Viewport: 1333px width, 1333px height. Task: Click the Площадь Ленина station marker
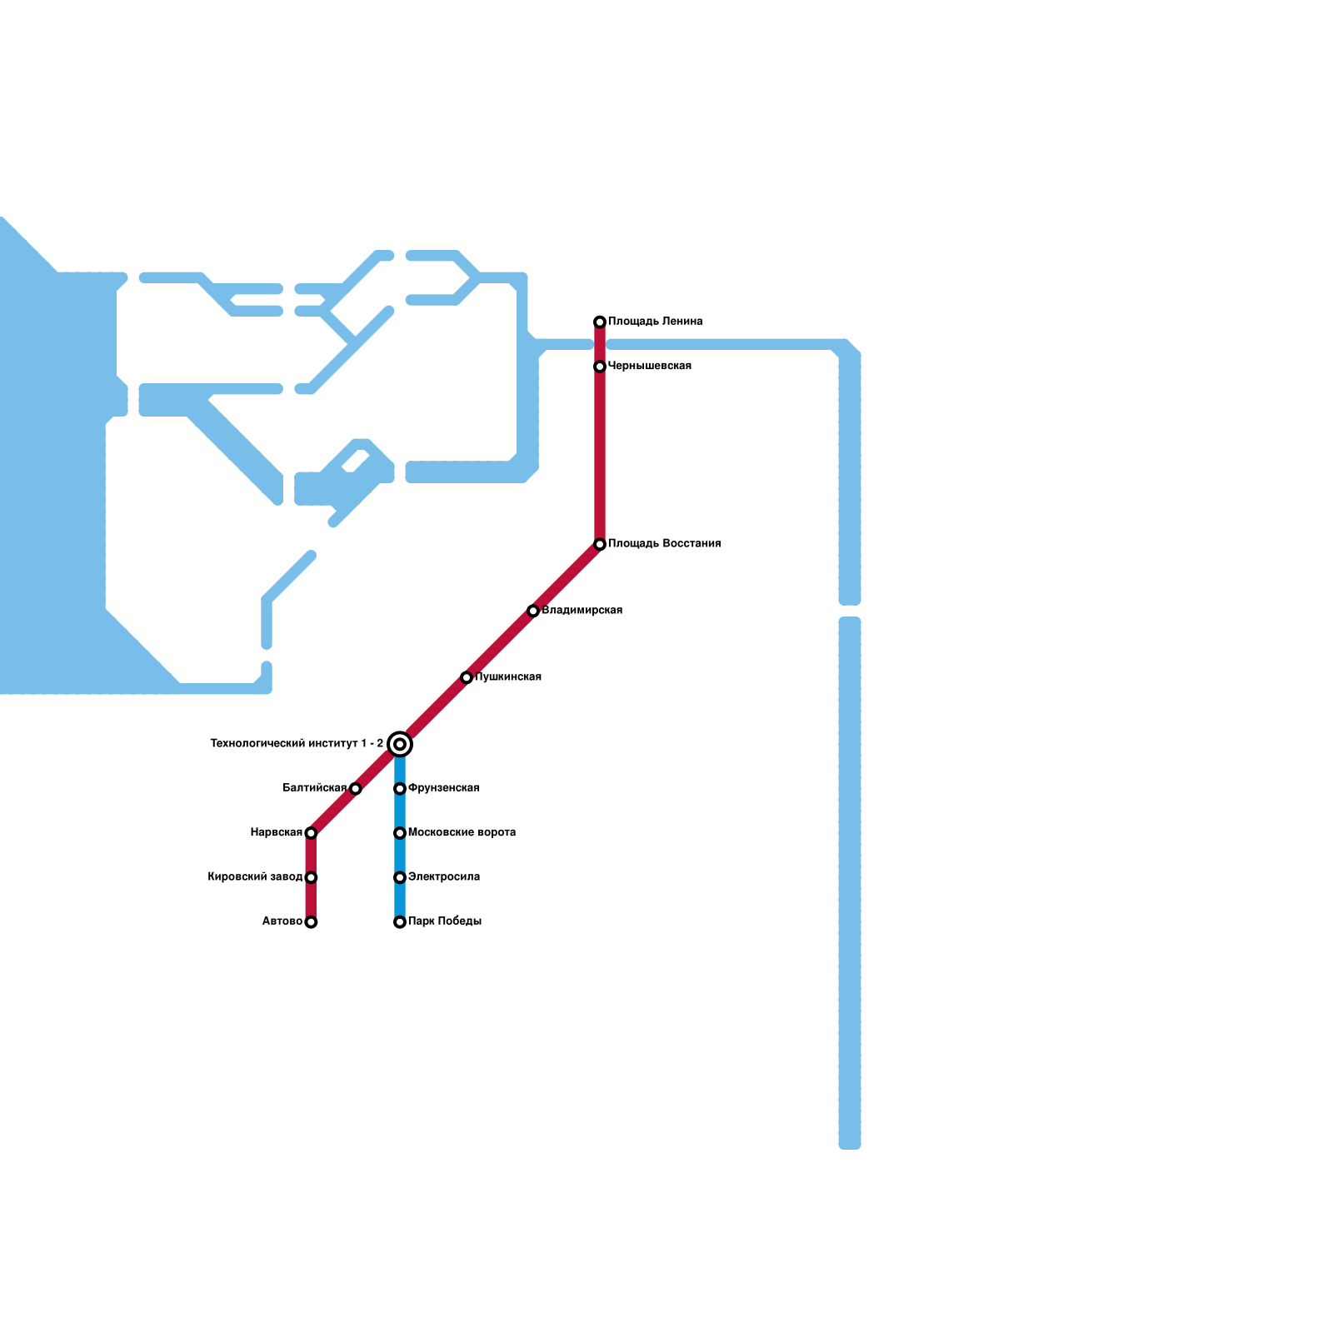coord(600,322)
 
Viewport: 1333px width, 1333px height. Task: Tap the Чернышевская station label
coord(649,367)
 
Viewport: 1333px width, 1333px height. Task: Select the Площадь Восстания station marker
coord(600,545)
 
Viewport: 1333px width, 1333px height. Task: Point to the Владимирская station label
coord(582,611)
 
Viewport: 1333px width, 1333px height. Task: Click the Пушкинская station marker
coord(467,678)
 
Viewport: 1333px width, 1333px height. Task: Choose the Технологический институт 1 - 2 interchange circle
coord(400,744)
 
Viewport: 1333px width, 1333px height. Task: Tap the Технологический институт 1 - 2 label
coord(297,744)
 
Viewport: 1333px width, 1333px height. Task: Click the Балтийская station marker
coord(356,789)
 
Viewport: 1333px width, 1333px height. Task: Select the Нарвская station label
coord(276,833)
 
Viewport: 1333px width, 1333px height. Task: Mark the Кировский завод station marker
coord(311,877)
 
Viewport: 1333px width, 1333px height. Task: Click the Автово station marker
coord(311,922)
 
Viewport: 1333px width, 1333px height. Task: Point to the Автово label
coord(282,921)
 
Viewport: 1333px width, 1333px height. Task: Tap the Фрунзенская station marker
coord(400,789)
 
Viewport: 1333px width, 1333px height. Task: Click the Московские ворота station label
coord(462,833)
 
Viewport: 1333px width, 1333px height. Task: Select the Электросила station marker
coord(400,877)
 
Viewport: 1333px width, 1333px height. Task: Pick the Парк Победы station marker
coord(400,922)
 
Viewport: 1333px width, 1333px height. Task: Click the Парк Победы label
coord(444,921)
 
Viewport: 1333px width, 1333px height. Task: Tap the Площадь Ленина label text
coord(655,322)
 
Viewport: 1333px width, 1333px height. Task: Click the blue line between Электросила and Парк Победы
coord(400,900)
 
